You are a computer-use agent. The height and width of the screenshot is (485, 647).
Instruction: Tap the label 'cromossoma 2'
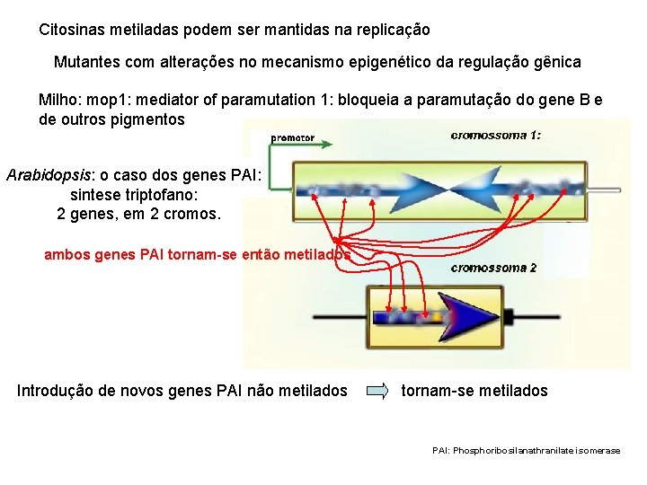[493, 268]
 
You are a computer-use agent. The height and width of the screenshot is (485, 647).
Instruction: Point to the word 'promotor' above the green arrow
[293, 137]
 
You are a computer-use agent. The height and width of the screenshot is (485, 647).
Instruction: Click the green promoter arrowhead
[327, 144]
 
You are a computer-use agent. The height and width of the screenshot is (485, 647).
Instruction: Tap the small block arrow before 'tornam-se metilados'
[379, 391]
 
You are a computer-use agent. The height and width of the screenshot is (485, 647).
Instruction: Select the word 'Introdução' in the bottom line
[56, 390]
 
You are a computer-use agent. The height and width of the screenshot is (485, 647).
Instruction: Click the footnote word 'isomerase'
[598, 450]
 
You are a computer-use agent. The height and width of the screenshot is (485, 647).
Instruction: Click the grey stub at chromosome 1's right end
[604, 190]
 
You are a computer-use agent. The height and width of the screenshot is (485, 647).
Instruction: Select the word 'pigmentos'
[146, 119]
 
